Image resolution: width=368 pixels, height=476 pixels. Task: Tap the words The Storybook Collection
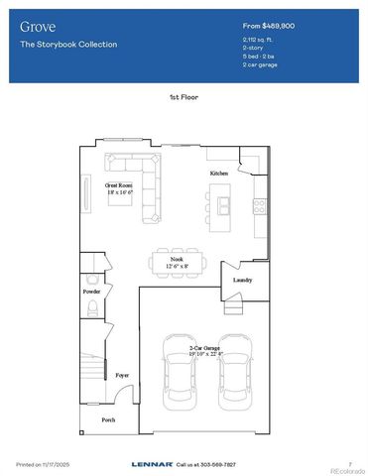pyautogui.click(x=68, y=45)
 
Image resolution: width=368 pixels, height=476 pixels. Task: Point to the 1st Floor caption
pyautogui.click(x=184, y=98)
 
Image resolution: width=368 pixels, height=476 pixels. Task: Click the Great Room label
pyautogui.click(x=120, y=184)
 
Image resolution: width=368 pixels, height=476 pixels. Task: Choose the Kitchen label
pyautogui.click(x=219, y=174)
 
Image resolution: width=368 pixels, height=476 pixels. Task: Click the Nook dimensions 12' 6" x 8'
pyautogui.click(x=177, y=266)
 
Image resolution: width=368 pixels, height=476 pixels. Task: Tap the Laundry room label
pyautogui.click(x=243, y=280)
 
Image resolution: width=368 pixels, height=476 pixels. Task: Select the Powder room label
pyautogui.click(x=92, y=293)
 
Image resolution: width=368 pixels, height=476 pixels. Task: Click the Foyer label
pyautogui.click(x=122, y=376)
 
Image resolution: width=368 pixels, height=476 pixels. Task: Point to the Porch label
pyautogui.click(x=109, y=419)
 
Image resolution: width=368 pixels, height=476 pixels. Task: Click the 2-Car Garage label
pyautogui.click(x=206, y=349)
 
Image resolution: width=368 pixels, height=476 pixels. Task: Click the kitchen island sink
pyautogui.click(x=226, y=205)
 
